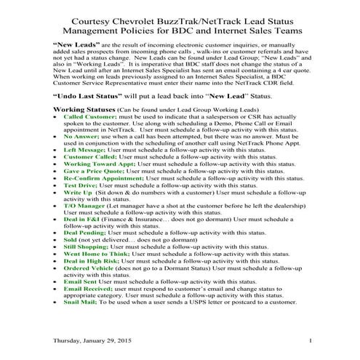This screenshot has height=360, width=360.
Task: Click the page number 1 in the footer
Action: click(309, 341)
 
